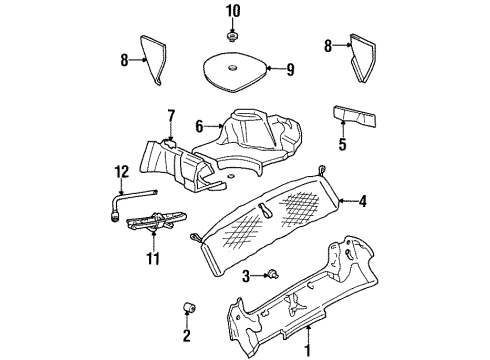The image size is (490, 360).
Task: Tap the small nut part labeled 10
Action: (232, 37)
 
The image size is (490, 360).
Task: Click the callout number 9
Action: (291, 70)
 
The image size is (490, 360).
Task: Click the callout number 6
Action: (199, 126)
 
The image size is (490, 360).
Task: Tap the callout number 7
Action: (170, 117)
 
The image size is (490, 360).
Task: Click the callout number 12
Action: (121, 173)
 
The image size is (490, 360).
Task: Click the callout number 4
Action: (363, 201)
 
